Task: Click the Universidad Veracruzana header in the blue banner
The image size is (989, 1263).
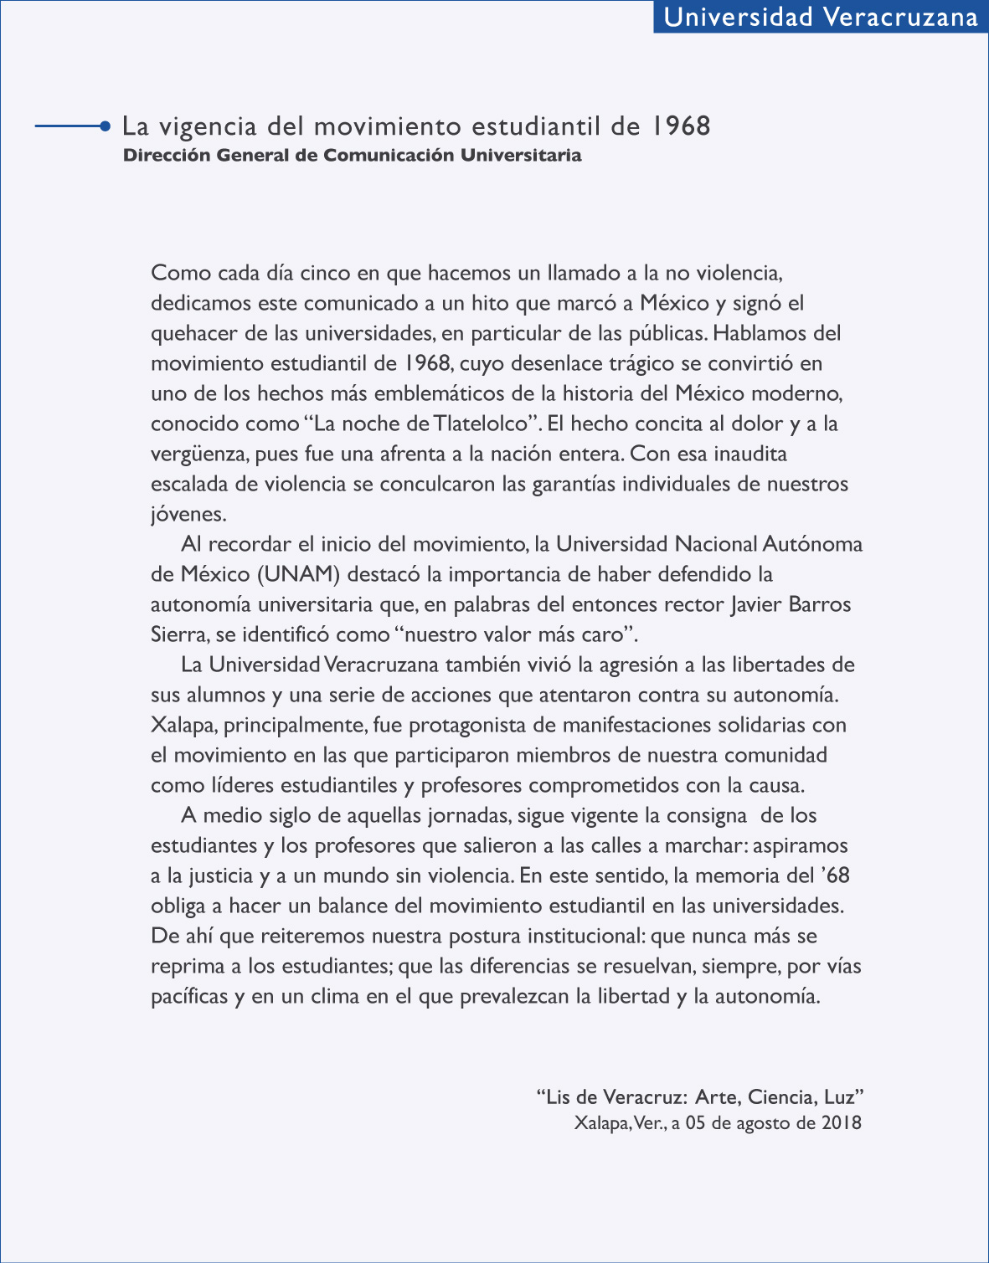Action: [x=821, y=18]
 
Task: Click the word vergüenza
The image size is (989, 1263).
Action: [x=198, y=454]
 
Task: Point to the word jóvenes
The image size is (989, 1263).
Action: [x=188, y=515]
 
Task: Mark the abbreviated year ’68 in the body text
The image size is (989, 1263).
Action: [x=833, y=875]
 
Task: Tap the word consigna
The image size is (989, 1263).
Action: [x=707, y=815]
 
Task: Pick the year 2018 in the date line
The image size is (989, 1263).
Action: [x=841, y=1123]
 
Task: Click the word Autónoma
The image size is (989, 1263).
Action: [x=812, y=544]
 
